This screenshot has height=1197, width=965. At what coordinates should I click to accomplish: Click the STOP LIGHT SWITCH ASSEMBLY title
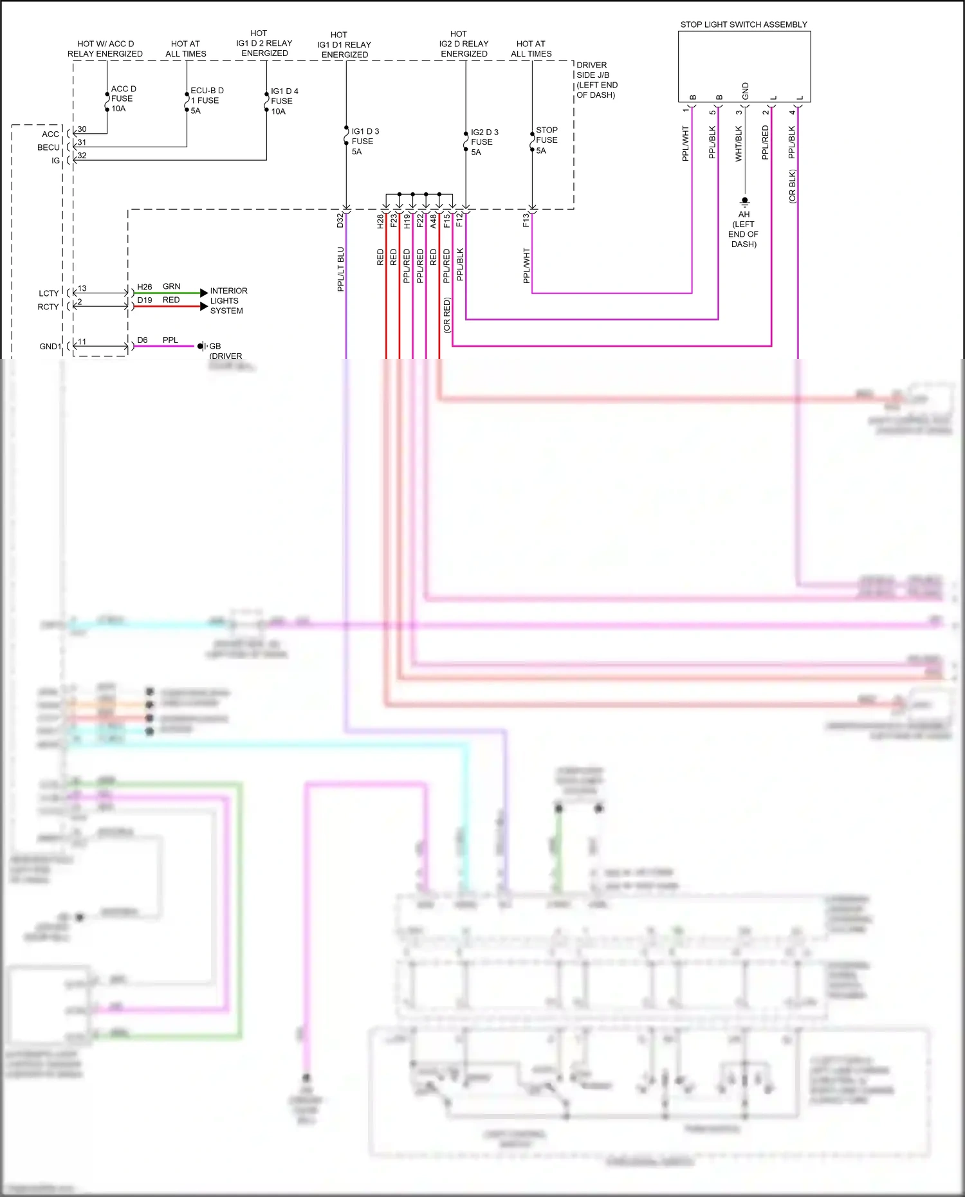(744, 24)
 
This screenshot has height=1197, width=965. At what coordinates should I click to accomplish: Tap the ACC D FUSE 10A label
(122, 98)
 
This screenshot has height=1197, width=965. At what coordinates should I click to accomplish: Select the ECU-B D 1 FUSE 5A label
(206, 100)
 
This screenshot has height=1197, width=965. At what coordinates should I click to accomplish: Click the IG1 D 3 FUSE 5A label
(364, 141)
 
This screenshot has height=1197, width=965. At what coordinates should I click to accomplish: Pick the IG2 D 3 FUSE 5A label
(483, 142)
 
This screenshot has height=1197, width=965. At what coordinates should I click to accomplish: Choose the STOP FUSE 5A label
(546, 140)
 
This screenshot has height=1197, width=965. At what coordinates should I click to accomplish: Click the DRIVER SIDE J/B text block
(596, 80)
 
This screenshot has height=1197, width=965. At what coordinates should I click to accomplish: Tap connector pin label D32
(340, 221)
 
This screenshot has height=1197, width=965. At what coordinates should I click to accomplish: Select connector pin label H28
(380, 221)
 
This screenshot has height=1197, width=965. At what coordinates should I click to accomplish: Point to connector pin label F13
(526, 221)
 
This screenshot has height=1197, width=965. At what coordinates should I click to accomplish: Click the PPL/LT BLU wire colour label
(341, 269)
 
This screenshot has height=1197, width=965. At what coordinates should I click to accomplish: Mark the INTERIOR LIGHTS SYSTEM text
(228, 300)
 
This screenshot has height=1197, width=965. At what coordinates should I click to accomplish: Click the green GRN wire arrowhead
(204, 293)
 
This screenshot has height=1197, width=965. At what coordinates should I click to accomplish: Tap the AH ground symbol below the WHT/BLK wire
(744, 201)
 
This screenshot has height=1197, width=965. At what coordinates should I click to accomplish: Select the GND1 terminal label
(50, 346)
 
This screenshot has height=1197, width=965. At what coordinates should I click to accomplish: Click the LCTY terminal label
(48, 293)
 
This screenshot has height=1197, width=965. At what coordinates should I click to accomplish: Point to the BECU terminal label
(48, 147)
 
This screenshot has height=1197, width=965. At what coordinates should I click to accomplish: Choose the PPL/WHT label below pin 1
(686, 143)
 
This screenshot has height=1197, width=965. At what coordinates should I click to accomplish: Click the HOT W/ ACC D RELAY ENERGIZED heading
(105, 49)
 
